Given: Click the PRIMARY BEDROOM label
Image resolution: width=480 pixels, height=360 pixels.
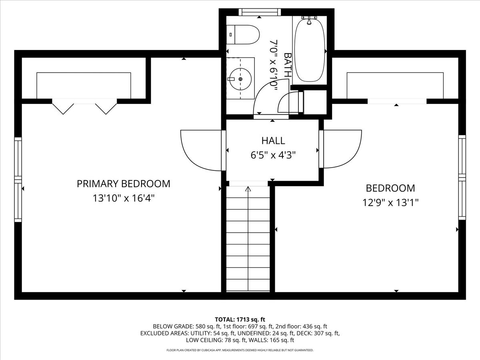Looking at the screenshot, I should pyautogui.click(x=123, y=184).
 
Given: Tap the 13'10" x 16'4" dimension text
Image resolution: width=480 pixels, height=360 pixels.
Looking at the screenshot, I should pyautogui.click(x=123, y=198).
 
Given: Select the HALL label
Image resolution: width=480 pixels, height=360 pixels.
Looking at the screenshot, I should pyautogui.click(x=273, y=140).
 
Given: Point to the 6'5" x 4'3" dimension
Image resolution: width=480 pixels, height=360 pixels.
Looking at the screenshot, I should pyautogui.click(x=273, y=155).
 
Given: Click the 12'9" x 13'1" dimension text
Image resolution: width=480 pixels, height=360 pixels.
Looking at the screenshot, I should pyautogui.click(x=390, y=202).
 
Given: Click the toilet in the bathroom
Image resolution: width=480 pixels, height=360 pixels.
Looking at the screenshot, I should pyautogui.click(x=242, y=35).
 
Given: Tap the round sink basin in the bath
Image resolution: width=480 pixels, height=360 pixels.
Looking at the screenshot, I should pyautogui.click(x=240, y=79).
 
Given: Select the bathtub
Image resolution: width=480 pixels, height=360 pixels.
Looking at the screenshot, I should pyautogui.click(x=310, y=50).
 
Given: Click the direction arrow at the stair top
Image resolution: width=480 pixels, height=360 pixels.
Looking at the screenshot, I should pyautogui.click(x=248, y=189).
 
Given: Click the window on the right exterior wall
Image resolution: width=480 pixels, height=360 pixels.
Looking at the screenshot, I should pyautogui.click(x=462, y=177).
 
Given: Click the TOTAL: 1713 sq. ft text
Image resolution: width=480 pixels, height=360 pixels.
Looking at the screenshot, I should pyautogui.click(x=240, y=319).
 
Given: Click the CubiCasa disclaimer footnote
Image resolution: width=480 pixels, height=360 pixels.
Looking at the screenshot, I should pyautogui.click(x=240, y=350).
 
